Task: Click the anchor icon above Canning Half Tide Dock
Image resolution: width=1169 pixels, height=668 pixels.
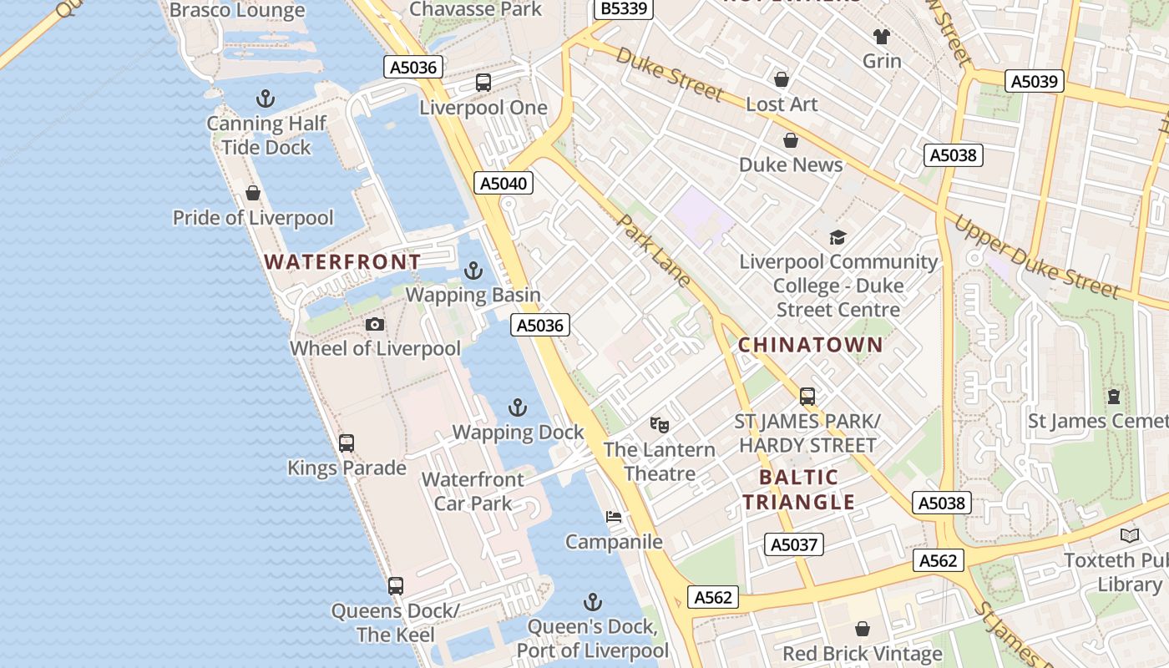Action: pos(265,99)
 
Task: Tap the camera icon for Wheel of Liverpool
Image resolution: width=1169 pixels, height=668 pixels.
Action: pos(375,324)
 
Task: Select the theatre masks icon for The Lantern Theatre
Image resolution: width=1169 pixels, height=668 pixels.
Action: pos(660,425)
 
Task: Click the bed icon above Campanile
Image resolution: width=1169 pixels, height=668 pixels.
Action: pos(614,517)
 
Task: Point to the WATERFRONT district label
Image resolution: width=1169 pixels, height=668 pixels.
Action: pos(342,262)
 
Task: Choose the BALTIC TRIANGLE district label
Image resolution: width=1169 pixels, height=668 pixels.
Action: pos(799,490)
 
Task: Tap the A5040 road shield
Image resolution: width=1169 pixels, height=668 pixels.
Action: pos(504,183)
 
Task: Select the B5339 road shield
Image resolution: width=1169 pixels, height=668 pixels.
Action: pos(623,9)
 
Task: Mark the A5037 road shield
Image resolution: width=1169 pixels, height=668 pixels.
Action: pos(794,545)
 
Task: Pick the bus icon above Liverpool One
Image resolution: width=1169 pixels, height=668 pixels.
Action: pos(483,83)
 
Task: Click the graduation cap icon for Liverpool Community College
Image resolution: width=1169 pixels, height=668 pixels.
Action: pos(838,238)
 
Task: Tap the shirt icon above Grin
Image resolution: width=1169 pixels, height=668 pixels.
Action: pos(882,37)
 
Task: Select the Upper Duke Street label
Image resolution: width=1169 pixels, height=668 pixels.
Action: pos(1035,257)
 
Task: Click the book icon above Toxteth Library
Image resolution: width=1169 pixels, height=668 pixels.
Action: pos(1130,535)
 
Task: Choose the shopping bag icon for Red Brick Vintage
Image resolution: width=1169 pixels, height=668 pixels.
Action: pos(863,629)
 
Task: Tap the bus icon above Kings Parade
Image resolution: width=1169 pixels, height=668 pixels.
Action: pos(347,443)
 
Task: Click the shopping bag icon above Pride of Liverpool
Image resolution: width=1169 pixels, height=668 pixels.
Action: pos(253,194)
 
